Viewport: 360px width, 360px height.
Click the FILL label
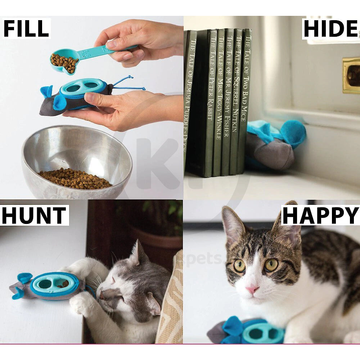point(26,28)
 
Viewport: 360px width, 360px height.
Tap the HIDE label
point(330,29)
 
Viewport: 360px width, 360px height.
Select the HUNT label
point(34,215)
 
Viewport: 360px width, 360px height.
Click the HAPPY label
point(320,215)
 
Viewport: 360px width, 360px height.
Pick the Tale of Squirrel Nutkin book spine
point(236,101)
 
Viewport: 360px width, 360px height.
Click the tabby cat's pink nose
point(252,289)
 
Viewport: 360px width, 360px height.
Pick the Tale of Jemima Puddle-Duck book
point(190,101)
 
